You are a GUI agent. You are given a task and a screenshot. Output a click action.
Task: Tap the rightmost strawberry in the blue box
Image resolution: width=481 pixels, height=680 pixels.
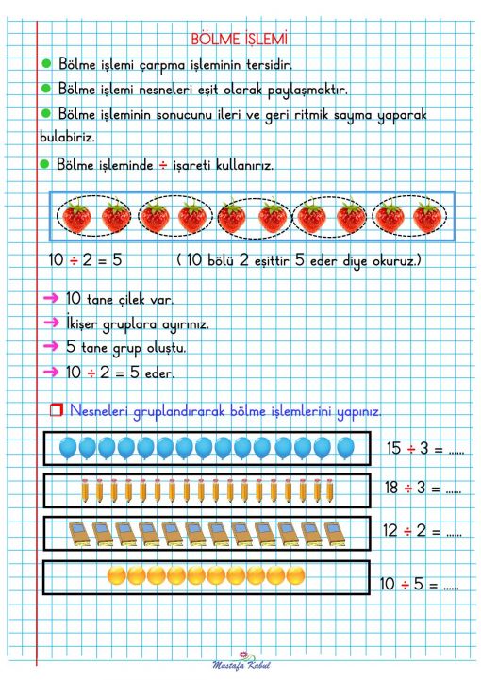tap(427, 218)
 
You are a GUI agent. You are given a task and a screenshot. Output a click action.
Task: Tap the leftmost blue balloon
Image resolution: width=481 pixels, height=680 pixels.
tap(68, 447)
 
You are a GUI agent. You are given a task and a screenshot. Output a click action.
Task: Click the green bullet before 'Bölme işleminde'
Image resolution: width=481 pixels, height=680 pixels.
tap(45, 164)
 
